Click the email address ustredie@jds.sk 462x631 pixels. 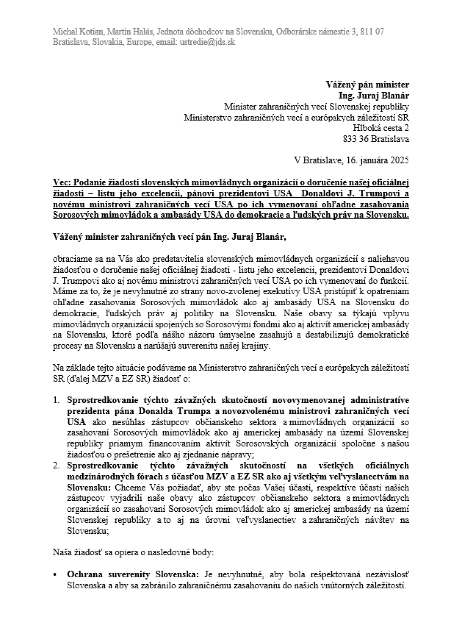click(x=208, y=42)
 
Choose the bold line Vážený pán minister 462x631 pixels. click(x=367, y=85)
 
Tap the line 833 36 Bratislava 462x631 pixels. click(x=376, y=139)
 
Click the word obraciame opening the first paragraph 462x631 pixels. click(x=69, y=259)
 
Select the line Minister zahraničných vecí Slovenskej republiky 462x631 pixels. click(x=316, y=107)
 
